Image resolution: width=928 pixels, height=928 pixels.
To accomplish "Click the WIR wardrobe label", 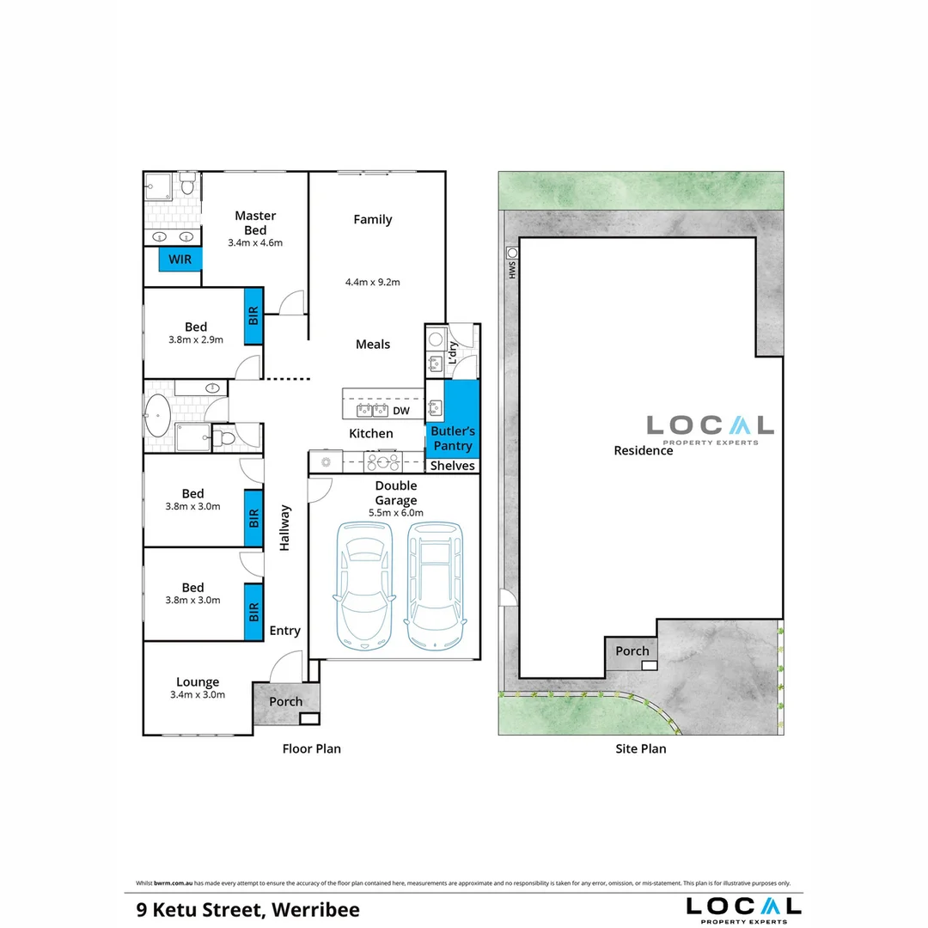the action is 180,259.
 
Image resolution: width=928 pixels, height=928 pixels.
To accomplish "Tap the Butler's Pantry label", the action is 453,438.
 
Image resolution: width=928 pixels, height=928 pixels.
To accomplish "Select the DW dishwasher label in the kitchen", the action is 401,411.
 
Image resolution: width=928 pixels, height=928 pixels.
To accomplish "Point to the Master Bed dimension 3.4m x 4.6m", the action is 255,242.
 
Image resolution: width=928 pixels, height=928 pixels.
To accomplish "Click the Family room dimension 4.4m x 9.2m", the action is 373,283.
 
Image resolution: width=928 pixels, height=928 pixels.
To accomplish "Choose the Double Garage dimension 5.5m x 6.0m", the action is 396,513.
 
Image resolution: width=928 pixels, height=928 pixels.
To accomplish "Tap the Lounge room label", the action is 198,681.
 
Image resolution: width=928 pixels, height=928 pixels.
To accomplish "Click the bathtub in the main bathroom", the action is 158,416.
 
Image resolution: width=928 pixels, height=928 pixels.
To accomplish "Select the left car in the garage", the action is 364,586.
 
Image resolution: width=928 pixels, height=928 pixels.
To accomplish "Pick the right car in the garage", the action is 435,586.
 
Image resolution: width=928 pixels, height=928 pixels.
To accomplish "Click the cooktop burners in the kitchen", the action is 382,461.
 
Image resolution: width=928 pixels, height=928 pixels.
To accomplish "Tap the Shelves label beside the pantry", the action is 453,466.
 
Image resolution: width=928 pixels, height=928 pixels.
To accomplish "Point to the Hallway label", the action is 284,528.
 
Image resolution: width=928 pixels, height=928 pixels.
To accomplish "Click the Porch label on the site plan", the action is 632,651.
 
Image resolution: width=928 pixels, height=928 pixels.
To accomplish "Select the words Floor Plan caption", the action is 312,748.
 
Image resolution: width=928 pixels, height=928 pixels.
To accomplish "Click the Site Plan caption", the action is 641,748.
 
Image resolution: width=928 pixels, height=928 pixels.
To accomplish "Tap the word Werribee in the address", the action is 315,910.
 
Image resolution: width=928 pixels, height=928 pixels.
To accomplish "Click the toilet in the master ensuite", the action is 187,183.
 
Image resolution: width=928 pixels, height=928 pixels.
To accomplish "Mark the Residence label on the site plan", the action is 644,450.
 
